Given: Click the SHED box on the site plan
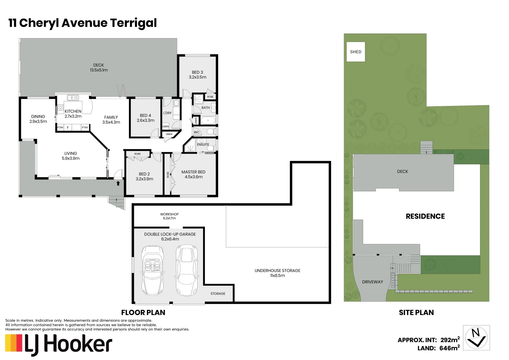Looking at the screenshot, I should [356, 52].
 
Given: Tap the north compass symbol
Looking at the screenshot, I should [476, 337].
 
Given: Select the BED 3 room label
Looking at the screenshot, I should [197, 72].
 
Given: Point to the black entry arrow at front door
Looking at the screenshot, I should [118, 183].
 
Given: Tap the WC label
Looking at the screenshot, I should [197, 132].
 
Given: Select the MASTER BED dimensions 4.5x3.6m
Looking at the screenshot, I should [193, 177].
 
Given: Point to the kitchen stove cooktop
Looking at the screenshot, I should [60, 108].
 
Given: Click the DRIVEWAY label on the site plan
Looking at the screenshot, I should [372, 282].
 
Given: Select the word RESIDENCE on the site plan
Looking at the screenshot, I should [425, 216].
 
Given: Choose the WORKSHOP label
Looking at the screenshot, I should [169, 214].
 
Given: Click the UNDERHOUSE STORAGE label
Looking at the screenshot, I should [277, 271].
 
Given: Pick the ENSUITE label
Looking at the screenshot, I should [203, 145].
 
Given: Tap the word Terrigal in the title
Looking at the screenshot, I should [133, 23].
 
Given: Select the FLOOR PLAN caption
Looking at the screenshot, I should [143, 313].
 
